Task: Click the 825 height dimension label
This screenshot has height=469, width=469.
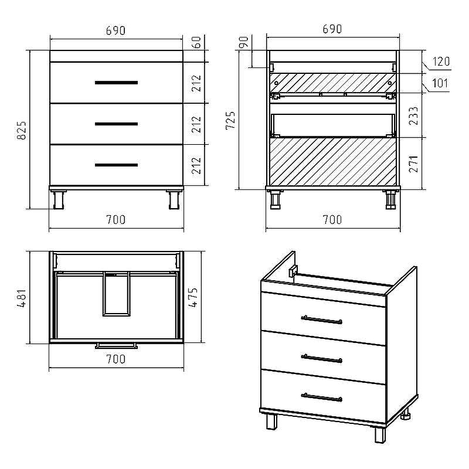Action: pos(22,130)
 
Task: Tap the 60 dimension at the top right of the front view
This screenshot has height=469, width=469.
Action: pos(196,42)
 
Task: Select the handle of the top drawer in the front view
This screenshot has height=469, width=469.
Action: pos(116,83)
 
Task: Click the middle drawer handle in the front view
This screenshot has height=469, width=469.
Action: pos(116,124)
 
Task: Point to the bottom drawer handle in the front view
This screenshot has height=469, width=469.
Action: pos(116,165)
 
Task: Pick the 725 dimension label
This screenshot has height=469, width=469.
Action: pos(230,120)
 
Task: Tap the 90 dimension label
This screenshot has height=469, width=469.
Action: pos(244,42)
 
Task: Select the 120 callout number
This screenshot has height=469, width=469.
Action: pos(441,62)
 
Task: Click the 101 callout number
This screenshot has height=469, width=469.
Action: pos(440,83)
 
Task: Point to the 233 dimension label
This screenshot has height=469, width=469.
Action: pos(413,115)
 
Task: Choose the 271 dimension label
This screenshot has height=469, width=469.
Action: pos(413,164)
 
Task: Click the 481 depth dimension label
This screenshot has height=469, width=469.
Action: pos(22,298)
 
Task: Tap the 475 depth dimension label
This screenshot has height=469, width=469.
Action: pos(193,298)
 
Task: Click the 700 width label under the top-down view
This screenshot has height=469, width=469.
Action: pos(116,359)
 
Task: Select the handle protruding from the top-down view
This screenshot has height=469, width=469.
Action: pos(116,346)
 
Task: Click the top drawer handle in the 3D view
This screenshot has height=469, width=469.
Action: pos(321,320)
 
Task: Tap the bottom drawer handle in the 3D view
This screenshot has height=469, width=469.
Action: pos(321,397)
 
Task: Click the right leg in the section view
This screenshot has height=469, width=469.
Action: pos(390,199)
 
